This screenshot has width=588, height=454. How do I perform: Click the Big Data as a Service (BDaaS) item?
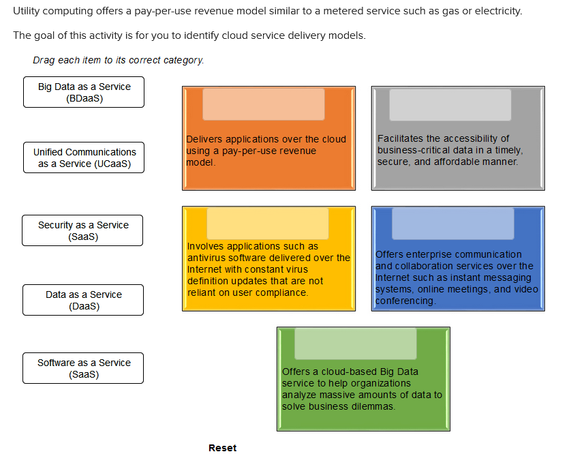pos(84,92)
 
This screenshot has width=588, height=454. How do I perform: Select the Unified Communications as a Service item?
pos(84,157)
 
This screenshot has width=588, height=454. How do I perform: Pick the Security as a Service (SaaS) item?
pos(83,230)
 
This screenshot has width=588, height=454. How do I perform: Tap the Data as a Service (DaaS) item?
pos(84,300)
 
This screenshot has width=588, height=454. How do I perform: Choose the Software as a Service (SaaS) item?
pos(84,368)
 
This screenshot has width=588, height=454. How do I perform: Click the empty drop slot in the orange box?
pos(264,104)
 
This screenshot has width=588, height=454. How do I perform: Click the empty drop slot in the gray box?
pos(450,104)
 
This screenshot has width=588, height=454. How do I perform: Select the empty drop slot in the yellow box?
pos(268,224)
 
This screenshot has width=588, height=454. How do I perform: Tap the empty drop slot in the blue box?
pos(453,224)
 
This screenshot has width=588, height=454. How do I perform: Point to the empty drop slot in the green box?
pos(356,344)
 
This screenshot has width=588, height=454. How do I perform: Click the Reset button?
pos(223,448)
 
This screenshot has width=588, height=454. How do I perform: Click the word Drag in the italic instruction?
pos(44,60)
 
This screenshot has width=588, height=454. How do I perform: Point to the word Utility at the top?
pos(27,12)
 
